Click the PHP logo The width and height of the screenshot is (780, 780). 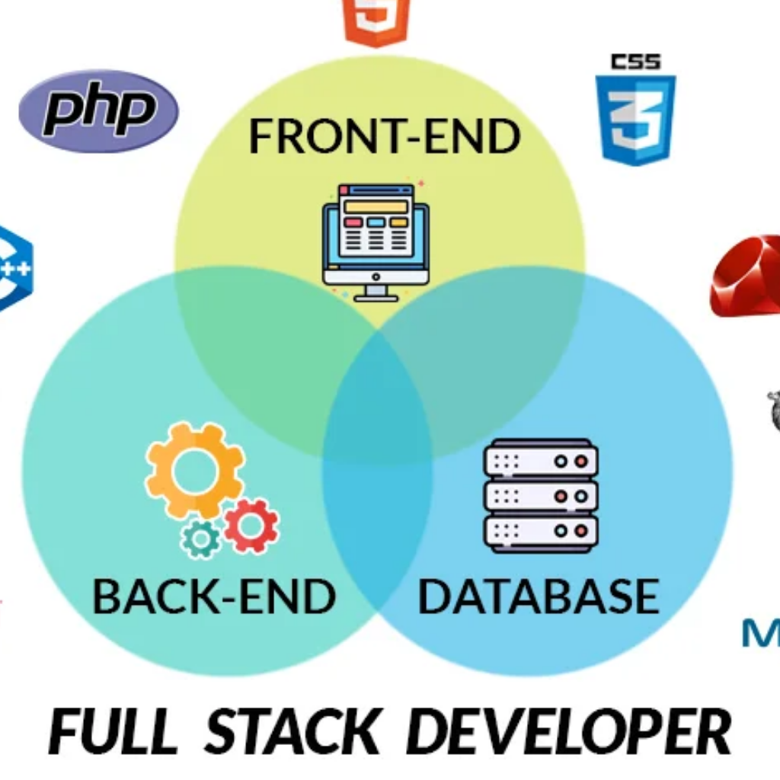pyautogui.click(x=98, y=111)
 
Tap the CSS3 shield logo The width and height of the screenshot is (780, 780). pyautogui.click(x=635, y=114)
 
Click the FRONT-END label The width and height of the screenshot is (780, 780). pyautogui.click(x=385, y=136)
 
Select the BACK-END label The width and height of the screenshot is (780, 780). pyautogui.click(x=214, y=597)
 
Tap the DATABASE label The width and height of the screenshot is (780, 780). pyautogui.click(x=538, y=597)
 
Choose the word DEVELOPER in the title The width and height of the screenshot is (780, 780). pyautogui.click(x=568, y=732)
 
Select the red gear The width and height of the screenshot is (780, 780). pyautogui.click(x=251, y=526)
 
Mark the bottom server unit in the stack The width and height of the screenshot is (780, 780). pyautogui.click(x=541, y=530)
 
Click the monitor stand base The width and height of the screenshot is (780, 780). pyautogui.click(x=376, y=296)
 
